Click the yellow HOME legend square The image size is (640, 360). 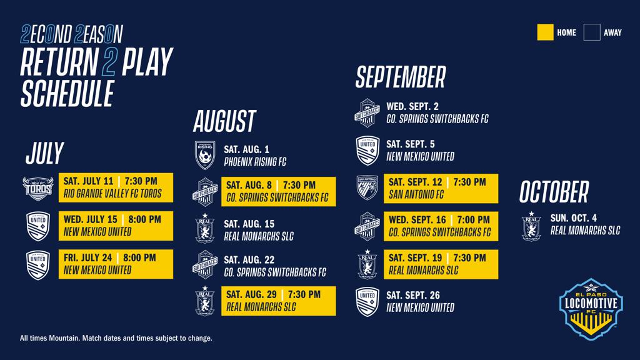tap(545, 32)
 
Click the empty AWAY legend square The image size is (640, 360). tap(592, 32)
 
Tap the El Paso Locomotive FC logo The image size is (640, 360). tap(591, 309)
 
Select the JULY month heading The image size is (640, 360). tap(44, 153)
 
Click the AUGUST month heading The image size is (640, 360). tap(224, 121)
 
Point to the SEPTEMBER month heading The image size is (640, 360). tap(401, 77)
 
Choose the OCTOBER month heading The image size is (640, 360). tap(554, 191)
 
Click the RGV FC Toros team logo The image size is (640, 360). tap(38, 188)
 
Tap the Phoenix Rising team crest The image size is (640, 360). tap(205, 155)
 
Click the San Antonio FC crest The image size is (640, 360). tap(367, 187)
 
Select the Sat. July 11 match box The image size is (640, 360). tap(116, 187)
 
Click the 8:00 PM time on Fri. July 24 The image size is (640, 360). tap(139, 258)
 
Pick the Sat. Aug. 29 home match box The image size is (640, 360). tap(278, 301)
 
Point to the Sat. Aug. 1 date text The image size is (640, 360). tap(246, 149)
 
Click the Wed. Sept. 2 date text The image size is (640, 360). tap(412, 106)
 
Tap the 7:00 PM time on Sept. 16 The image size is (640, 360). tap(473, 220)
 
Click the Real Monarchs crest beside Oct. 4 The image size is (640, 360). tap(531, 226)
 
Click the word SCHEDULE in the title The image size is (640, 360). tap(67, 94)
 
